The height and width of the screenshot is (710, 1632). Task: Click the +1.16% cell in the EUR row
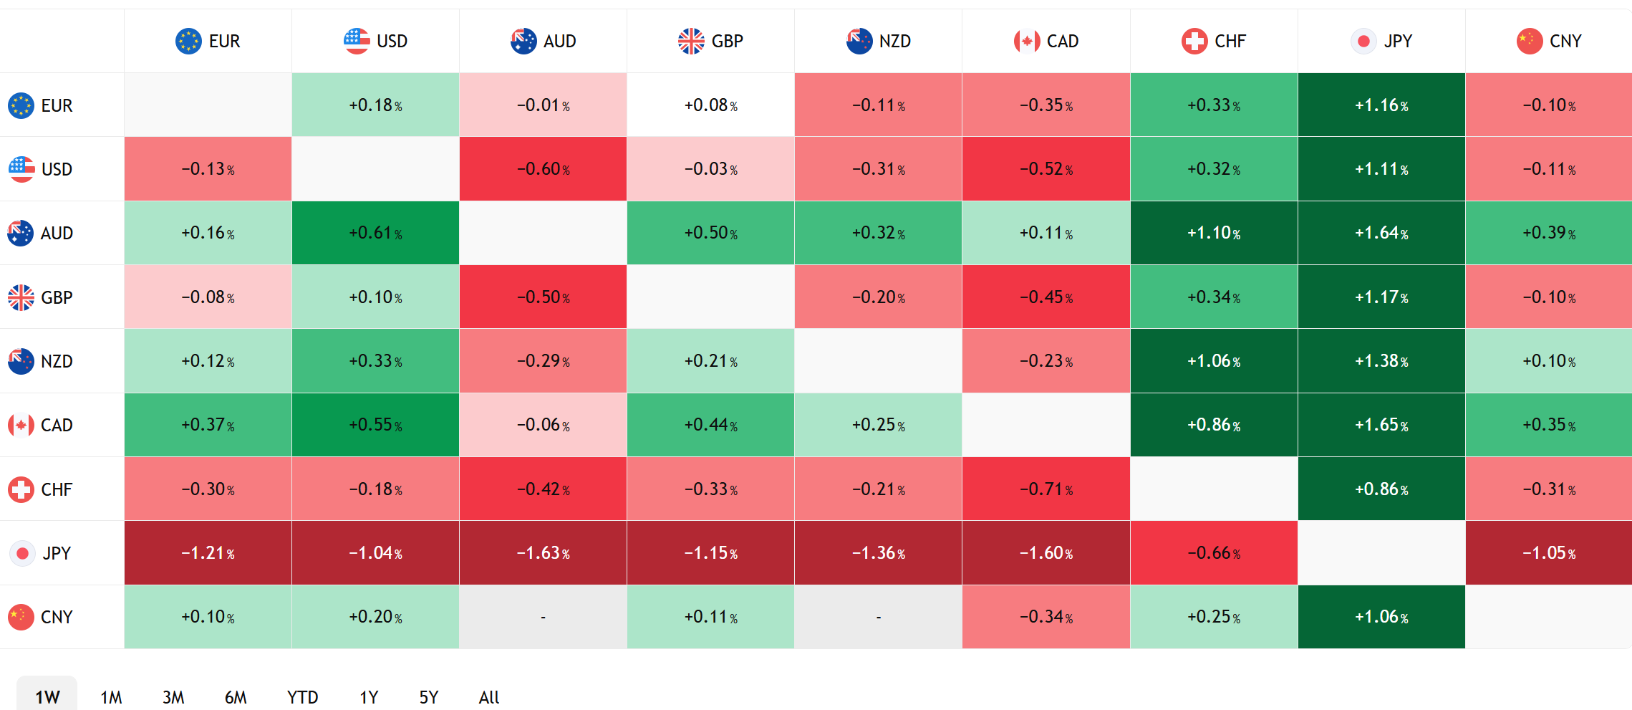(1381, 105)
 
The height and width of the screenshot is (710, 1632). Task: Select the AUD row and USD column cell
(375, 233)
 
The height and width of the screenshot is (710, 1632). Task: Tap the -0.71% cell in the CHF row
(1046, 489)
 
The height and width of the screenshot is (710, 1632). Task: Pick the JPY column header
(1381, 41)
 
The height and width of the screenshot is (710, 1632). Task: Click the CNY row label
(41, 617)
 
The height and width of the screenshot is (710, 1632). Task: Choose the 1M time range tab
(111, 697)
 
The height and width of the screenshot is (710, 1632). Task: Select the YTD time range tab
(302, 697)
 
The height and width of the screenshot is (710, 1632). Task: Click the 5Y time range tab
(428, 697)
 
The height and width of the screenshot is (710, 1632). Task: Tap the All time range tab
(489, 697)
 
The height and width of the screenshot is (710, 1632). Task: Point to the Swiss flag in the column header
(1194, 41)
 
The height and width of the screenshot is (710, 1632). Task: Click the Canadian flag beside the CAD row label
(21, 425)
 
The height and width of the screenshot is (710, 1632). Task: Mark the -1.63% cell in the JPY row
(543, 552)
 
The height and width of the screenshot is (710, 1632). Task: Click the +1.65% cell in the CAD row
(1381, 425)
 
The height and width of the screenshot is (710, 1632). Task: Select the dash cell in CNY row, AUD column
(543, 617)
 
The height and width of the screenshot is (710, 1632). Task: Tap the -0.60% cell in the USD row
(543, 169)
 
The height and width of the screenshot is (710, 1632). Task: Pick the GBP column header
(710, 41)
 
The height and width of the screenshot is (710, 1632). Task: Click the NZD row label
(41, 361)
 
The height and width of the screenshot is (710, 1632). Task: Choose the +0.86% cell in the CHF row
(1381, 489)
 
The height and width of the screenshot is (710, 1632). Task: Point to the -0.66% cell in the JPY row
(1214, 552)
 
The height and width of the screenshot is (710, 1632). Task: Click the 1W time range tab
(47, 696)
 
